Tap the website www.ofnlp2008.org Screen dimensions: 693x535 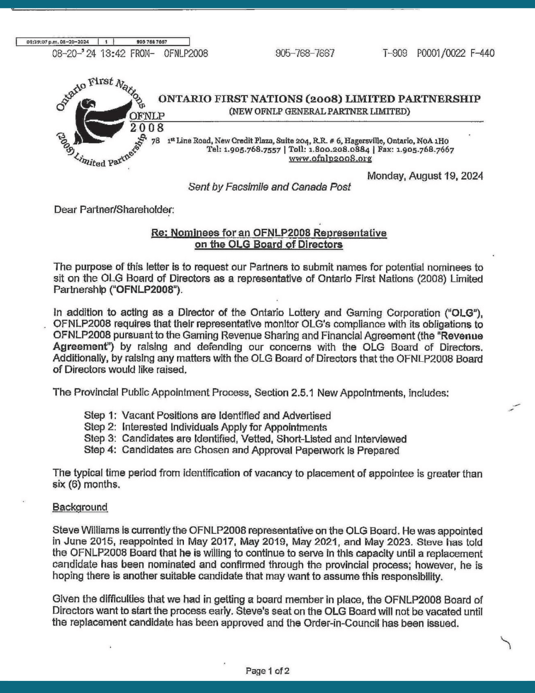pos(330,159)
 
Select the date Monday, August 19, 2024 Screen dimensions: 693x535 pos(425,176)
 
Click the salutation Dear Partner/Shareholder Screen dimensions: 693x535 pos(114,210)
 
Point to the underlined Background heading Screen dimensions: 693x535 pos(80,507)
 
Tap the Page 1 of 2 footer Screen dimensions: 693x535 pos(267,671)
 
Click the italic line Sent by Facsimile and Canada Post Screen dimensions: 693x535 pos(269,187)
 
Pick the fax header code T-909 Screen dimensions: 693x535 pos(395,53)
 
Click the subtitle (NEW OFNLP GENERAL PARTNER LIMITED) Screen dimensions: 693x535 pos(319,112)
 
